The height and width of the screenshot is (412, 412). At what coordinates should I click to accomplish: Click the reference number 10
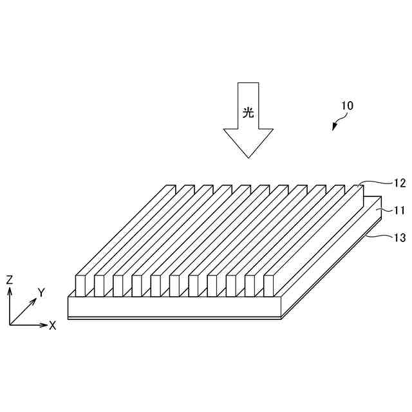point(346,106)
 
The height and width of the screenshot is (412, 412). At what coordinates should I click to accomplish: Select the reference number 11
point(399,210)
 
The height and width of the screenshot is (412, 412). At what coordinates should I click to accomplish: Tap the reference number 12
point(399,183)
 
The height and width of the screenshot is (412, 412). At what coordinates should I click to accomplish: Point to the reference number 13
point(399,238)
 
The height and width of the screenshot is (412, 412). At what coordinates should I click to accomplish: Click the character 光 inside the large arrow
point(248,112)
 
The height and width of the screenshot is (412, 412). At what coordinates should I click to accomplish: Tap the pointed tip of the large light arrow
point(248,156)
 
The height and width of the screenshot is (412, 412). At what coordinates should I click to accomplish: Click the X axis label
point(53,326)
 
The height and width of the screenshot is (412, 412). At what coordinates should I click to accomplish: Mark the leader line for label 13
point(380,237)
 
